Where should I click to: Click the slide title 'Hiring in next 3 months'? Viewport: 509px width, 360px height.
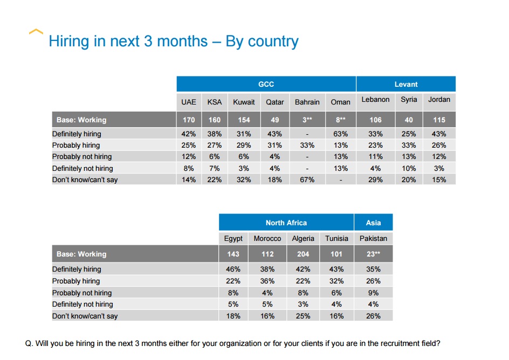pos(173,41)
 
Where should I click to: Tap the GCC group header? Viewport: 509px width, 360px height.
pos(266,84)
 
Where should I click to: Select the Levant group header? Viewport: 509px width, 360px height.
pos(405,84)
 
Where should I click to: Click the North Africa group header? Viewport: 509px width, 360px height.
pos(286,223)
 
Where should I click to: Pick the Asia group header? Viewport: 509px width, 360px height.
pos(373,223)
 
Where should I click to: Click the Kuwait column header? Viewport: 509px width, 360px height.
pos(244,102)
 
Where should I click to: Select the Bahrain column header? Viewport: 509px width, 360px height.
pos(307,102)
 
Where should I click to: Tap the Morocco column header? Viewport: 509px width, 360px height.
pos(267,238)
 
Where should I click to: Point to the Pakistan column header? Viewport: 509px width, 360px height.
pos(373,238)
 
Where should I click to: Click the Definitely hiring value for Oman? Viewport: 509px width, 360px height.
pos(341,134)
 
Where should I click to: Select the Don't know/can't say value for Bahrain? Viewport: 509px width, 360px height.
pos(307,179)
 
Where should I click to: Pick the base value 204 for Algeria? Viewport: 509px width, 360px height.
pos(303,254)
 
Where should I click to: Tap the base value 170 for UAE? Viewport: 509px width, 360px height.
pos(189,120)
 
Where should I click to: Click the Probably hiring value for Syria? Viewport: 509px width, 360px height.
pos(409,145)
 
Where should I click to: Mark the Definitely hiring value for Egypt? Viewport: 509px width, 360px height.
pos(233,269)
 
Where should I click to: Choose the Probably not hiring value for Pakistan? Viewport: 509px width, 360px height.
pos(373,293)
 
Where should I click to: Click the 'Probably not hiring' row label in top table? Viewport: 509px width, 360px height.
pos(82,157)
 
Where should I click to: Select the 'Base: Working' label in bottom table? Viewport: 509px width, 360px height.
pos(81,254)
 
